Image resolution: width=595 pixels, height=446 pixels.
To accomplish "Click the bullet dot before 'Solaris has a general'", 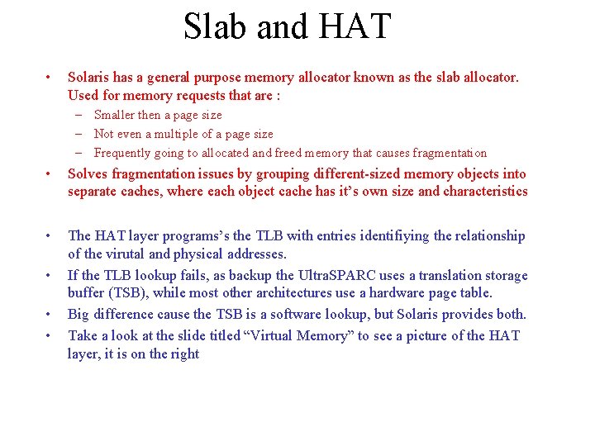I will click(x=51, y=78).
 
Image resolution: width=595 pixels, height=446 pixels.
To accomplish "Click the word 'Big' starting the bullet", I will click(x=79, y=314).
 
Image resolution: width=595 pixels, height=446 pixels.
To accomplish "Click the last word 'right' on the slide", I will click(x=184, y=353).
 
